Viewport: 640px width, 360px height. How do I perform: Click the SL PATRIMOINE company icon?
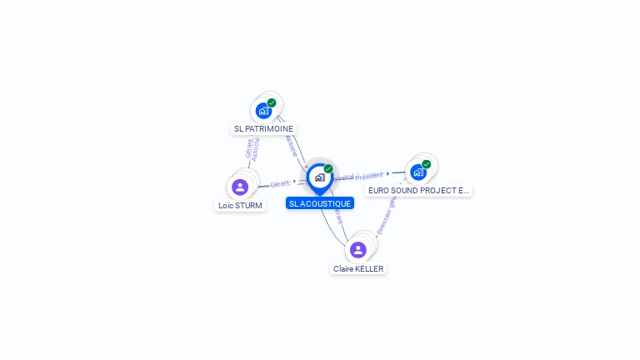point(263,111)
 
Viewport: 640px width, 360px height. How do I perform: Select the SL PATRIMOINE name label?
point(263,129)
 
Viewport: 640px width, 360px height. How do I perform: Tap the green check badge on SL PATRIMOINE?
point(272,102)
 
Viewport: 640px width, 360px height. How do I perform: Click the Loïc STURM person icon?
point(240,187)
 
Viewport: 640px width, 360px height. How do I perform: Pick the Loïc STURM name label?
point(240,205)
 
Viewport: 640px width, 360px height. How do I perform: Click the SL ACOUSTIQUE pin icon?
point(319,177)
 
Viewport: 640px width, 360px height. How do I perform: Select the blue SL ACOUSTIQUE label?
point(320,203)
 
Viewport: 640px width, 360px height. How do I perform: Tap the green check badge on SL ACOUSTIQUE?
point(328,169)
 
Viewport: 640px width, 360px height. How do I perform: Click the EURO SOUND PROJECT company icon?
point(418,172)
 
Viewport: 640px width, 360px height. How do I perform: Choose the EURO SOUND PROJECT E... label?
point(418,190)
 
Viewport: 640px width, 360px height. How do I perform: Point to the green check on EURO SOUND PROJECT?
point(427,164)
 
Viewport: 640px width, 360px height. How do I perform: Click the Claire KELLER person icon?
point(358,250)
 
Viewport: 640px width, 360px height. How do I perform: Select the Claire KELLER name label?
point(358,268)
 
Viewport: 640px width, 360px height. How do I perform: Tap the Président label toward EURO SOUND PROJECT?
point(370,176)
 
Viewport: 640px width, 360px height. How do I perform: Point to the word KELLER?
point(369,268)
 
